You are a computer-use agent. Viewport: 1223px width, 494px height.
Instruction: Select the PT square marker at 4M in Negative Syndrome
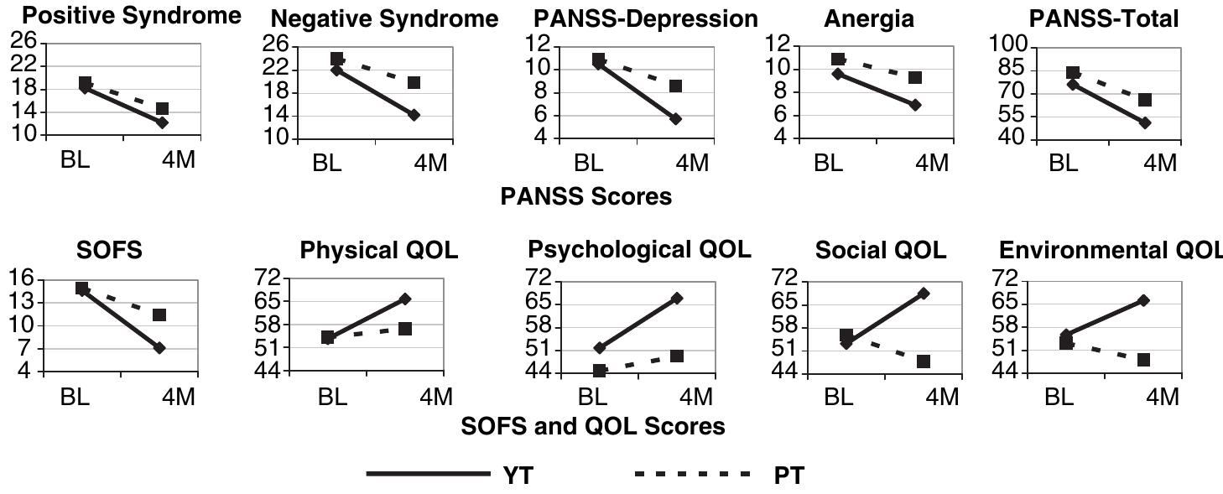[414, 82]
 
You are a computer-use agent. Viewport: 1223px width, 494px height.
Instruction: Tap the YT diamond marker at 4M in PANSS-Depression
[676, 119]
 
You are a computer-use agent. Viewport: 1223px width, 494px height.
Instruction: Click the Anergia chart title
[869, 19]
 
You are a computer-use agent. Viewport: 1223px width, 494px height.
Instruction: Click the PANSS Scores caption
[585, 196]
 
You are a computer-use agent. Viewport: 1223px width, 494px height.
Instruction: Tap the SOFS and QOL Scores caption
[593, 426]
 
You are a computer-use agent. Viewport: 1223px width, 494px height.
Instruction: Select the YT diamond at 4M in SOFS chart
[159, 347]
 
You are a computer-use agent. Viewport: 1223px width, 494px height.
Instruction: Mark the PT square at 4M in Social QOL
[924, 361]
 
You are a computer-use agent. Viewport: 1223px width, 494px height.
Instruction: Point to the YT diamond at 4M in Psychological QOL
[676, 298]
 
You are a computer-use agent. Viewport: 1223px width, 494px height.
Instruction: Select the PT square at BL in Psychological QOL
[599, 371]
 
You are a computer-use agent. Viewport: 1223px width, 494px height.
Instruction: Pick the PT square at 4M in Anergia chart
[915, 77]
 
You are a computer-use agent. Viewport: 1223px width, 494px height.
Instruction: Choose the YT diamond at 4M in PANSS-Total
[1145, 122]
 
